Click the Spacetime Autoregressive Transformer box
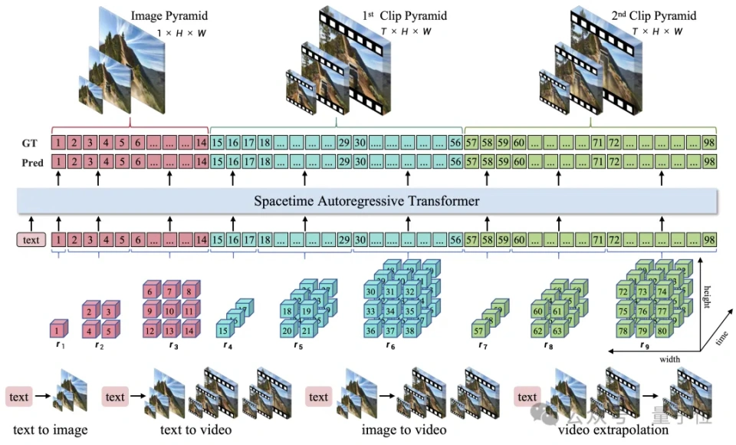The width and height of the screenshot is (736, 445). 367,202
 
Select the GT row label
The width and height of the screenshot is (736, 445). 29,143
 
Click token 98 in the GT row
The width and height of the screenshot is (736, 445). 709,143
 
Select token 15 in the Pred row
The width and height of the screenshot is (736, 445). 217,162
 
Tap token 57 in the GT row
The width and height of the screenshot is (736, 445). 473,143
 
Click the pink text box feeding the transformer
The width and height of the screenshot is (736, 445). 30,240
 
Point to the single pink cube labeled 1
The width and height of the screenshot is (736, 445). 57,330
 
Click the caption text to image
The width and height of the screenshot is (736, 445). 50,430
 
